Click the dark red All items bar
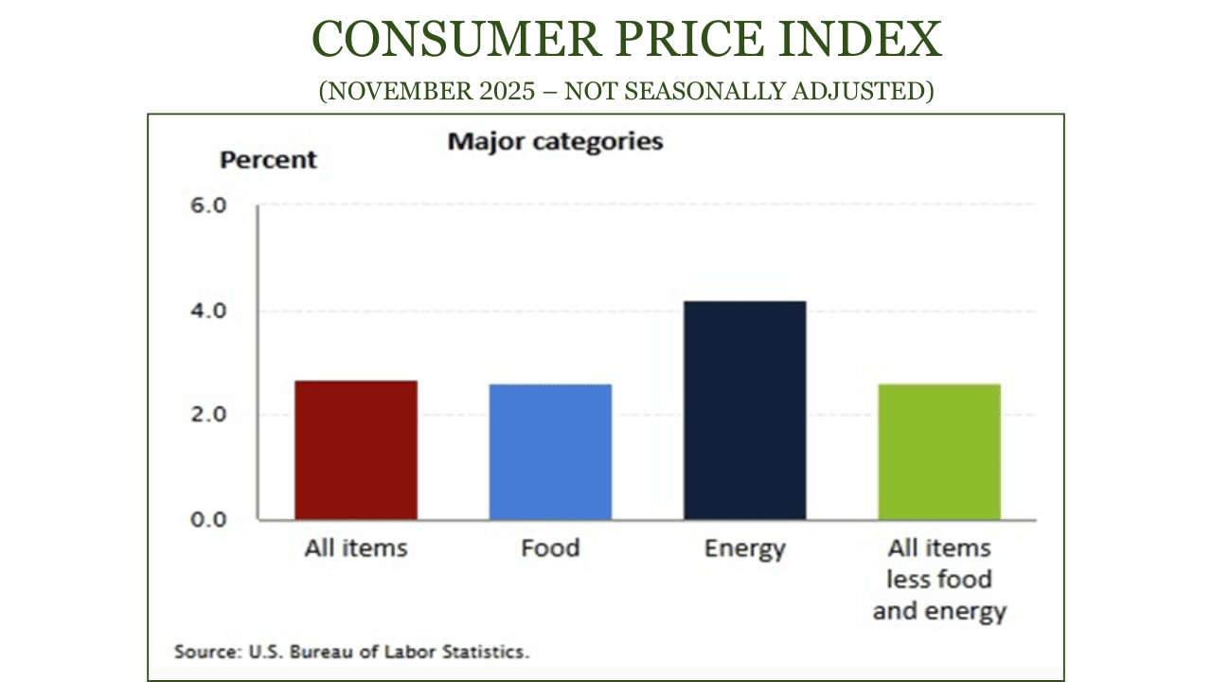pos(356,450)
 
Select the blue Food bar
pos(550,452)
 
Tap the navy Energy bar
pos(744,410)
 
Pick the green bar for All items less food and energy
pos(938,452)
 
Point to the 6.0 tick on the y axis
pos(210,206)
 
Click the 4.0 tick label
pos(210,311)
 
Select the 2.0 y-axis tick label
pos(210,415)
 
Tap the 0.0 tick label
pos(210,519)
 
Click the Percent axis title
pos(268,160)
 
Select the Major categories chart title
pos(555,142)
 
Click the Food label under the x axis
pos(550,548)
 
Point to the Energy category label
pos(744,549)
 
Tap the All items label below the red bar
pos(356,548)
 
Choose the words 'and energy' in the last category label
pos(938,611)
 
